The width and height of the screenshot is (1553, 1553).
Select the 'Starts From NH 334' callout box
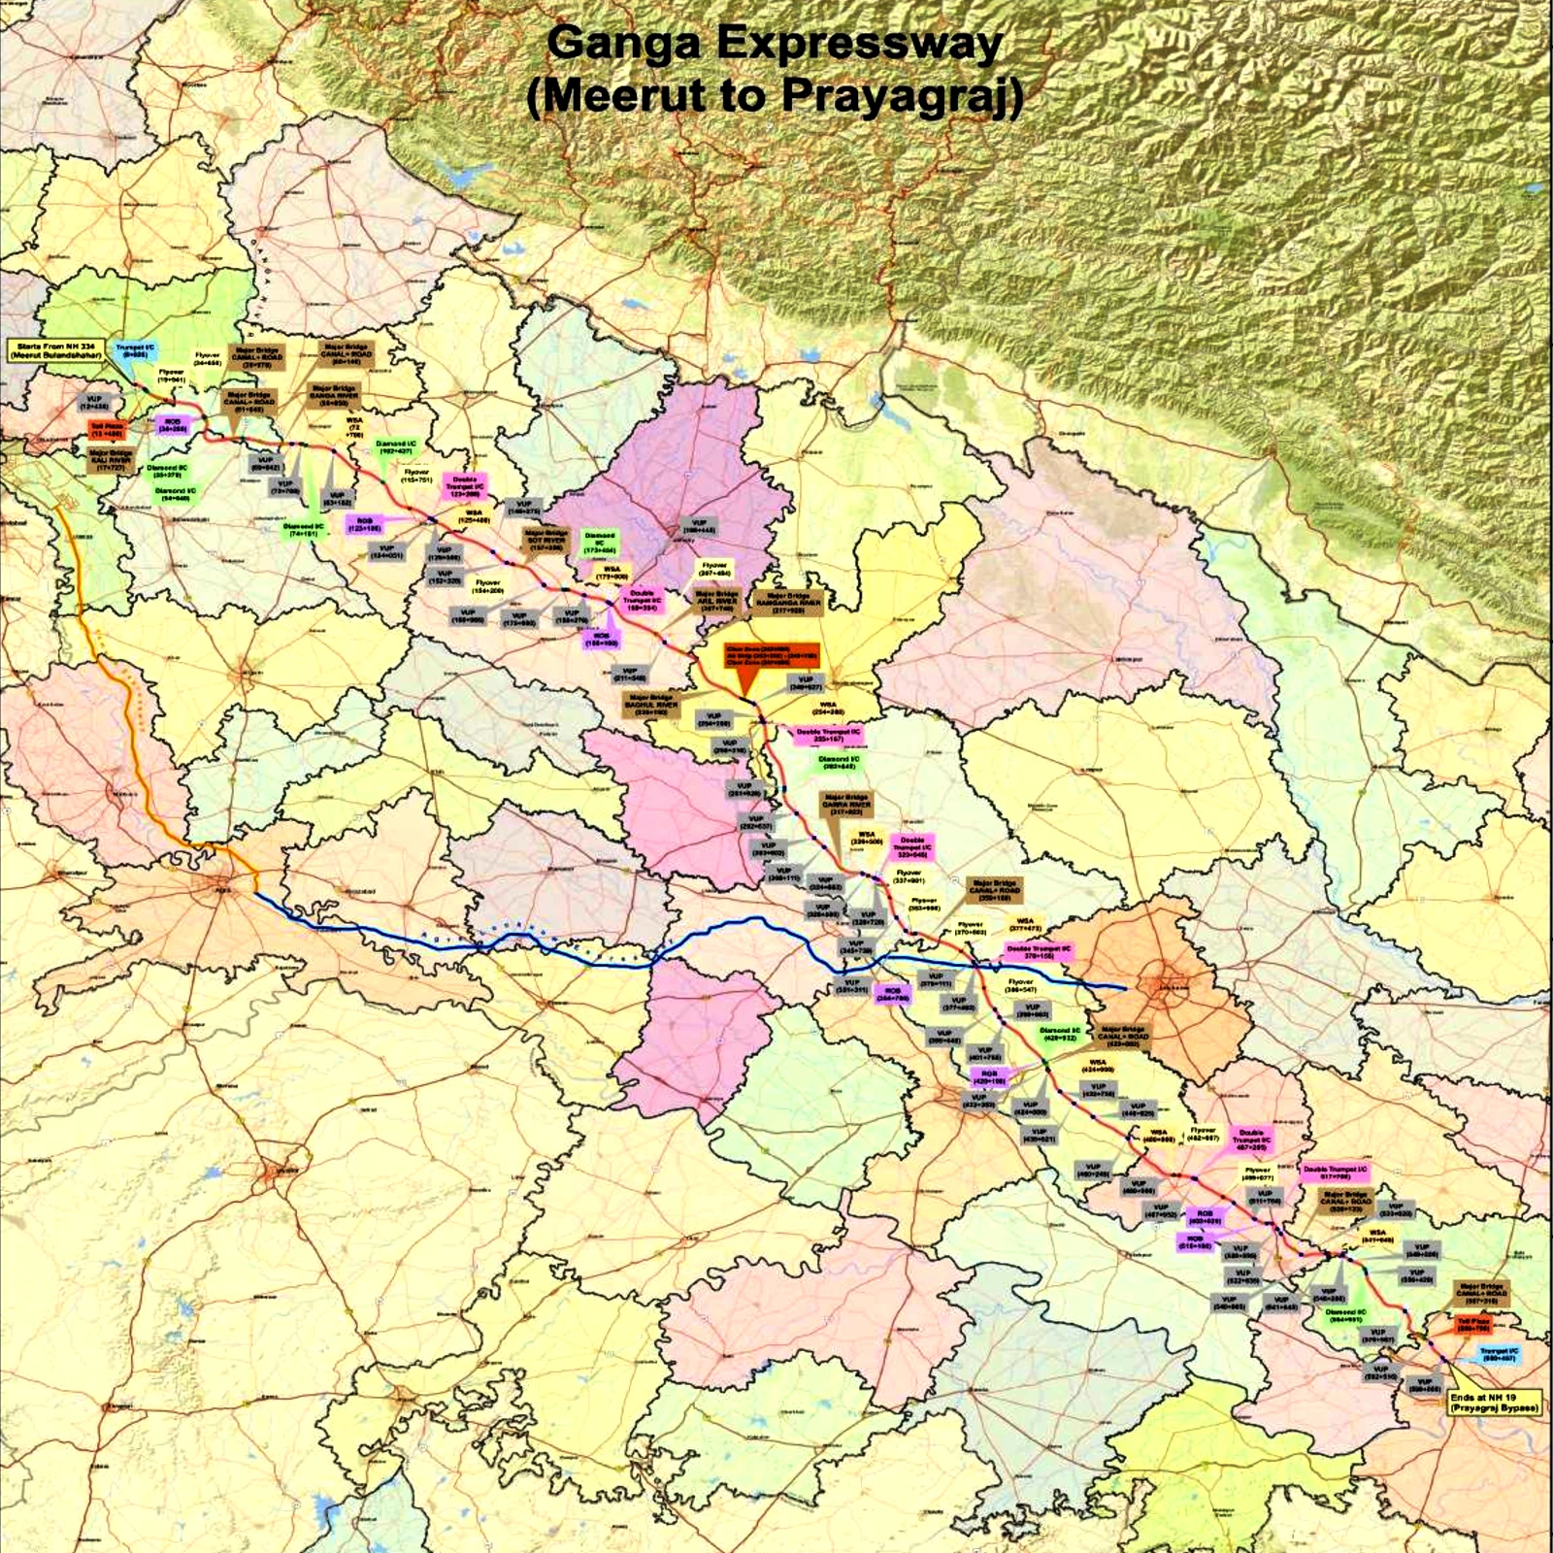[56, 351]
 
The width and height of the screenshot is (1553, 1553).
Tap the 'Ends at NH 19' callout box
[1494, 1402]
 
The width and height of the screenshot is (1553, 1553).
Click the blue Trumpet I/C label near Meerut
[134, 351]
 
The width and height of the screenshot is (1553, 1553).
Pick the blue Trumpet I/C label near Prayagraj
[1500, 1354]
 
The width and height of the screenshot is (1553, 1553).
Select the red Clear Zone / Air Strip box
[772, 655]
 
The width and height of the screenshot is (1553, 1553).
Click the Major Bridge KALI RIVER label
[111, 460]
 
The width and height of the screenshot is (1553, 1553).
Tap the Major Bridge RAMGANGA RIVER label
[788, 601]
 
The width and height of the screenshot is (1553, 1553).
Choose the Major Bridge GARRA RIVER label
[846, 805]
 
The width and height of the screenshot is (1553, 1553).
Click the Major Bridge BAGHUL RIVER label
[650, 704]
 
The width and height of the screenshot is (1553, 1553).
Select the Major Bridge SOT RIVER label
[545, 541]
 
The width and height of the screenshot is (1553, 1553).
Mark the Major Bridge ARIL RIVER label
[717, 600]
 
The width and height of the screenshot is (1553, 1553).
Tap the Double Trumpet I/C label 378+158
[1039, 951]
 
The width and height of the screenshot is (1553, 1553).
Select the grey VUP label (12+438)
[94, 403]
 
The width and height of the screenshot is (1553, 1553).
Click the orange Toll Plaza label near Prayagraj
[1472, 1324]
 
